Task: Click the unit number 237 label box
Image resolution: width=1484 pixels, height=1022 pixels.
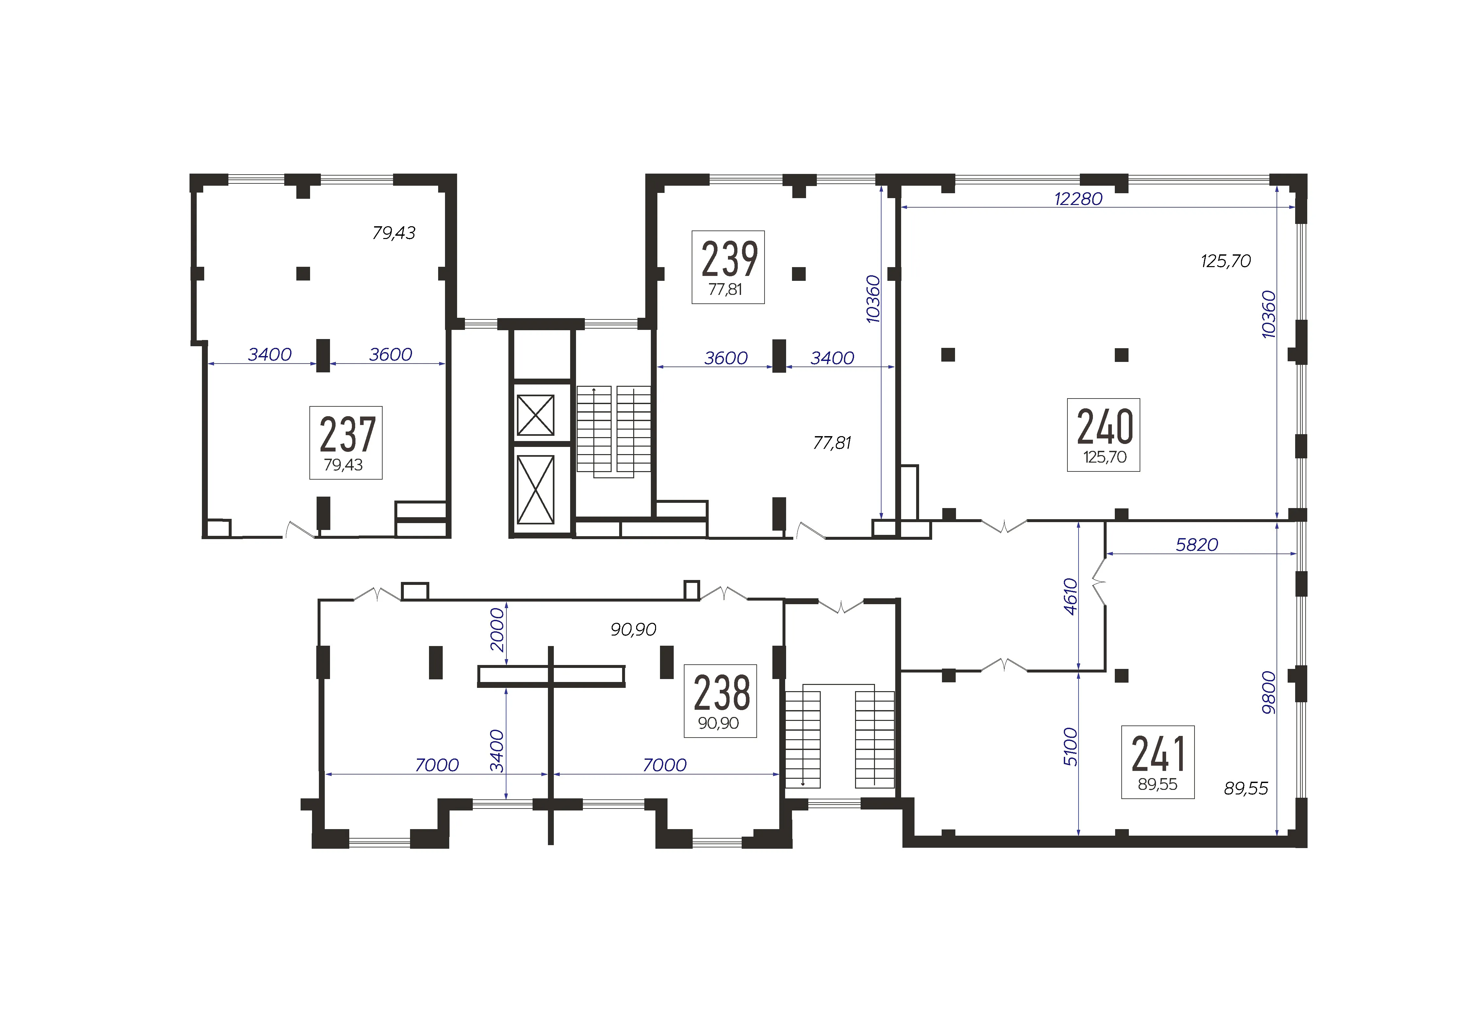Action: (x=346, y=442)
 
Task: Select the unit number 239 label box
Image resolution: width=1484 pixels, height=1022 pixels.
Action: (x=728, y=267)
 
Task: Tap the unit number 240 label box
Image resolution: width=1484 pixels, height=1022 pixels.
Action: (x=1103, y=435)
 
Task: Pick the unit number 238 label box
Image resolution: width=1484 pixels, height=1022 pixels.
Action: (x=720, y=701)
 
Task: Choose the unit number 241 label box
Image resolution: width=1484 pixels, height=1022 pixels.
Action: (x=1158, y=762)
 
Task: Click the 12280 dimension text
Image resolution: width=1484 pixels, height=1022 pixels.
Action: (x=1078, y=199)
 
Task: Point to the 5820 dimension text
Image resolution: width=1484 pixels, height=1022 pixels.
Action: (x=1197, y=545)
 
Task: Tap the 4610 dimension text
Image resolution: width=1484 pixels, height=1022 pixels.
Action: (x=1070, y=596)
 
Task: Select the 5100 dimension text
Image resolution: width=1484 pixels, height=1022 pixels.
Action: (x=1070, y=747)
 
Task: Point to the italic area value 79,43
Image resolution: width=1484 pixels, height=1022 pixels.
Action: (x=394, y=233)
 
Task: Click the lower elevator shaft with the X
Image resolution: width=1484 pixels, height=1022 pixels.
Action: (x=536, y=489)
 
